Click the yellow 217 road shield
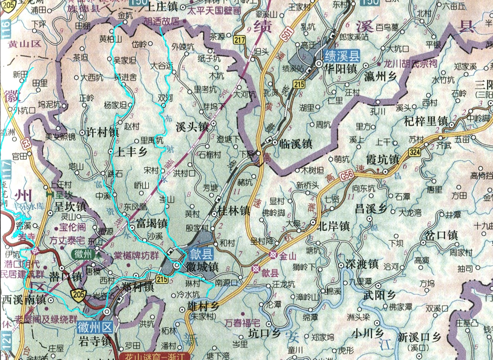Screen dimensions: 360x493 coord(240,40)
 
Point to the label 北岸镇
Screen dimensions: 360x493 coord(333,226)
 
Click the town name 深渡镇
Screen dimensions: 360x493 coord(362,264)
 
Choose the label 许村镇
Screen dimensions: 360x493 coord(103,132)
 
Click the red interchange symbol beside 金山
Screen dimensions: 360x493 coord(273,254)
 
